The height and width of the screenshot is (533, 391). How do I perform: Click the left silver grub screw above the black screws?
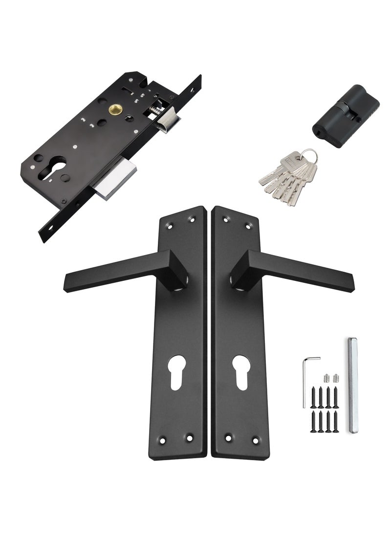click(326, 378)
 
